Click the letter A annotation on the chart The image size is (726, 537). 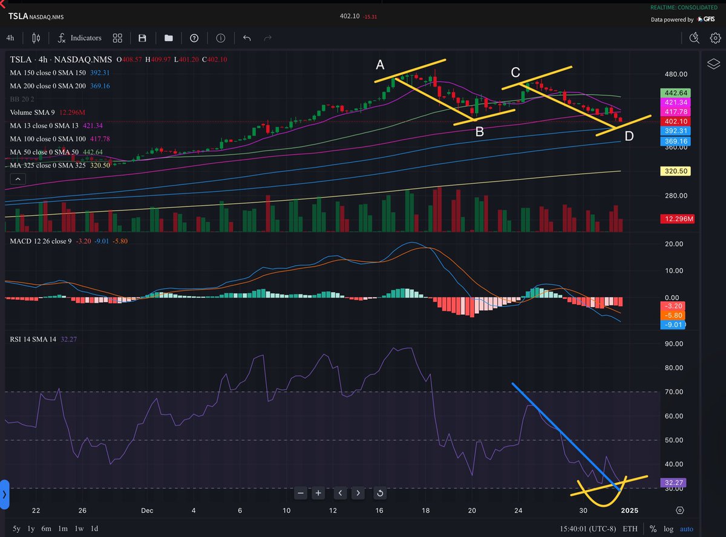[x=380, y=65]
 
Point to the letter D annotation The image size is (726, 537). [x=629, y=136]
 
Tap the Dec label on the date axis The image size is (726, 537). [x=146, y=510]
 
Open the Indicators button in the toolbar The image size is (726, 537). [x=79, y=38]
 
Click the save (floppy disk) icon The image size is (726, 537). [x=142, y=38]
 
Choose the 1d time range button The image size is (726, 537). [x=94, y=528]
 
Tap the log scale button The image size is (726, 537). [x=668, y=528]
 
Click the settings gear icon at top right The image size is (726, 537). [x=715, y=38]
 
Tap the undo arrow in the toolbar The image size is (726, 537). [x=247, y=38]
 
